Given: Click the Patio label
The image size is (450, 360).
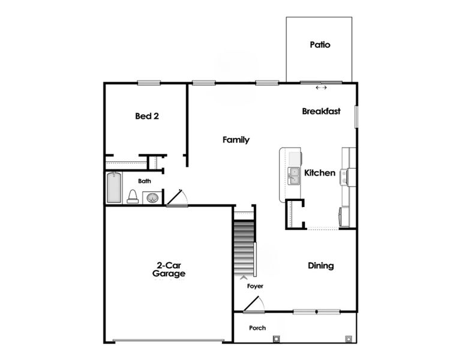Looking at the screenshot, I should [320, 44].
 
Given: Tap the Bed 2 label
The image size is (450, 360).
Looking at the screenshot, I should [147, 116].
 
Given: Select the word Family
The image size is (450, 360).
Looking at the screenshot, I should [236, 140].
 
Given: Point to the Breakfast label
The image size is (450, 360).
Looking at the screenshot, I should [321, 111].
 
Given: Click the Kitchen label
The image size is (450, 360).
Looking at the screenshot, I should [320, 173].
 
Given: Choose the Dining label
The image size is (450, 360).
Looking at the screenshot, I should [321, 266].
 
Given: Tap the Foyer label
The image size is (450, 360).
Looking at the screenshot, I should [256, 286].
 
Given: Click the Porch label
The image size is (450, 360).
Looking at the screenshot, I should [257, 328].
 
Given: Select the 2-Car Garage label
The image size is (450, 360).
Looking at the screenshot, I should [169, 269].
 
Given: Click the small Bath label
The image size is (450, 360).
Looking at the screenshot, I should [145, 181].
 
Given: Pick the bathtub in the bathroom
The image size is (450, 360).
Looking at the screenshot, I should [114, 188].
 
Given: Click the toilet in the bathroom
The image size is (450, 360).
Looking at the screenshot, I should [133, 196].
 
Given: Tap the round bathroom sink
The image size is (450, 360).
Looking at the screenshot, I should [152, 197].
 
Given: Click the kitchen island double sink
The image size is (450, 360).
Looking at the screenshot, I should [295, 176].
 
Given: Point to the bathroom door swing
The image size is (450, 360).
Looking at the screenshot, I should [178, 199].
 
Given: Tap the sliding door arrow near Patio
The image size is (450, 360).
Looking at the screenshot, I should [322, 88].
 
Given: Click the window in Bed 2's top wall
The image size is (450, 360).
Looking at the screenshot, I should [148, 83].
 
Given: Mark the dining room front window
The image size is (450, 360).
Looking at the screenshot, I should [316, 311].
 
